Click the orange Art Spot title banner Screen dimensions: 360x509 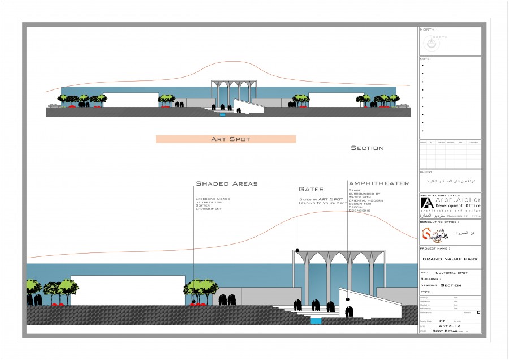pyautogui.click(x=226, y=139)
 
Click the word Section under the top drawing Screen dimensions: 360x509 pyautogui.click(x=367, y=148)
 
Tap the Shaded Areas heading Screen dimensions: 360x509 pyautogui.click(x=226, y=183)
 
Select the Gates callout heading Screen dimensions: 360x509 pyautogui.click(x=311, y=189)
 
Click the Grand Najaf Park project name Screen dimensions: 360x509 pyautogui.click(x=450, y=259)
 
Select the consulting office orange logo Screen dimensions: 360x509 pyautogui.click(x=428, y=233)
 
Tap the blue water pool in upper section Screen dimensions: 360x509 pyautogui.click(x=222, y=115)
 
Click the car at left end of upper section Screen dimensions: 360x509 pyautogui.click(x=53, y=105)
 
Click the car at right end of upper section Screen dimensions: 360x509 pyautogui.click(x=403, y=105)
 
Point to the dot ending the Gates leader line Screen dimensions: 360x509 pyautogui.click(x=296, y=250)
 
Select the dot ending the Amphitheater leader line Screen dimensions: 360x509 pyautogui.click(x=347, y=299)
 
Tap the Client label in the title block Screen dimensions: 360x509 pyautogui.click(x=427, y=172)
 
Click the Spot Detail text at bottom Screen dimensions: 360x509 pyautogui.click(x=445, y=331)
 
